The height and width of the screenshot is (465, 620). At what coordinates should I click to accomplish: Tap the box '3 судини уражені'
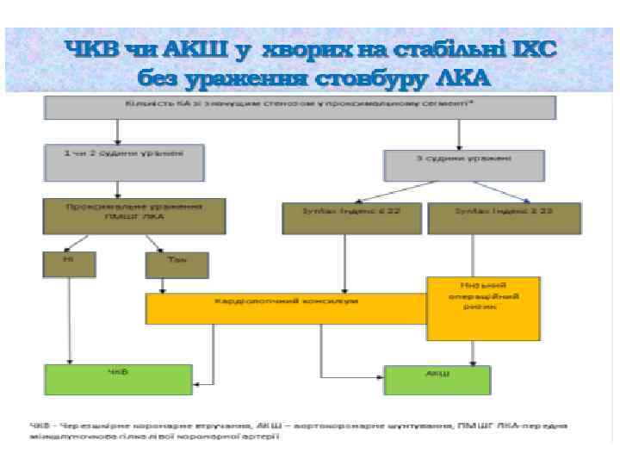click(463, 165)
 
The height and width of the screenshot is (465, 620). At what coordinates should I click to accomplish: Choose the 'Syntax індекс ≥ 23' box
click(504, 217)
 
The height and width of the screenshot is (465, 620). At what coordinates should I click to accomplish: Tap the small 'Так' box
click(177, 264)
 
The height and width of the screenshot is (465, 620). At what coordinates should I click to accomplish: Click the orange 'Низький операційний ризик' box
click(483, 307)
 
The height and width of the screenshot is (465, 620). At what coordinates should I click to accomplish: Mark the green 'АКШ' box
click(437, 380)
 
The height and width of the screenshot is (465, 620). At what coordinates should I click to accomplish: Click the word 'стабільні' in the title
click(444, 51)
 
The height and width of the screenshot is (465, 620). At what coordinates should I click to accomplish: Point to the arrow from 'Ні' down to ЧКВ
click(70, 319)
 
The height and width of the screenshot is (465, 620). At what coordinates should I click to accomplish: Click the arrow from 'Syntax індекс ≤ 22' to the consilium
click(344, 263)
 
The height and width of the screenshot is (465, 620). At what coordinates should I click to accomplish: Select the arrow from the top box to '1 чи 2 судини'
click(115, 132)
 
